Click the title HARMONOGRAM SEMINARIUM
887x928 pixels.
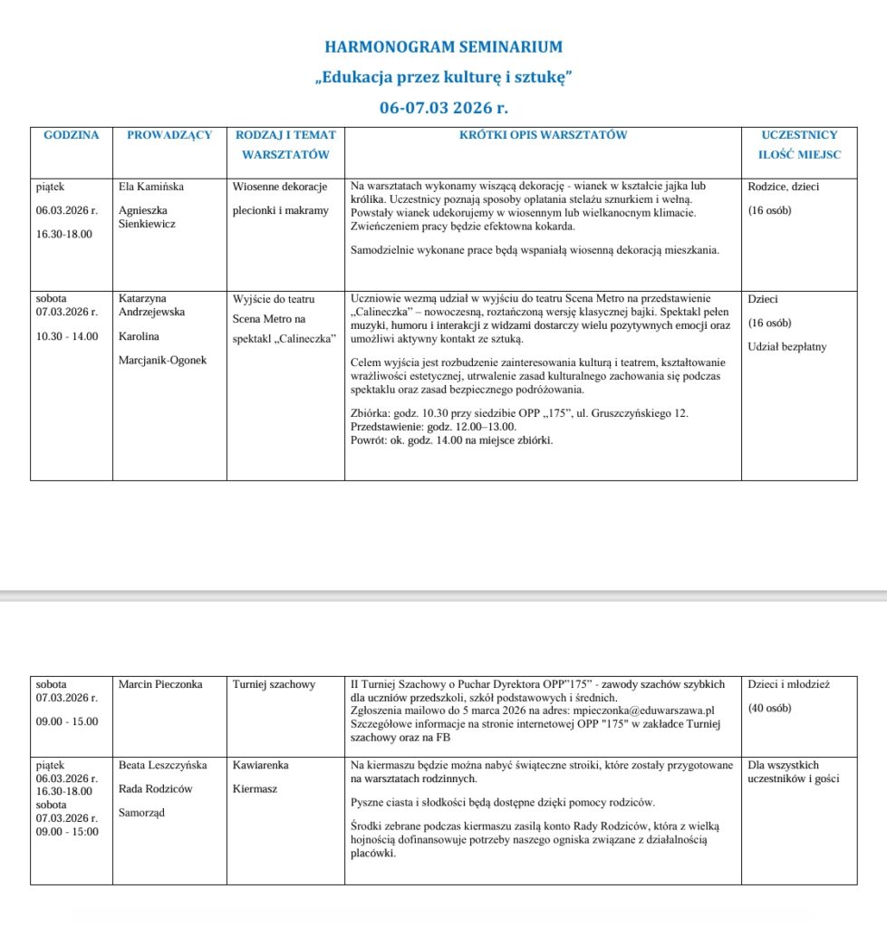[x=443, y=47]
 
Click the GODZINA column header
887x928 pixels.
[x=72, y=135]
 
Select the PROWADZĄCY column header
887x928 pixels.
[x=169, y=135]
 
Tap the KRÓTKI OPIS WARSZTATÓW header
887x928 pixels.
[x=543, y=135]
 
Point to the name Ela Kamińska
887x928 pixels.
[x=151, y=187]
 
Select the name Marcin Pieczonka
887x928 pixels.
[x=160, y=684]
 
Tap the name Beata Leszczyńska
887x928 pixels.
[x=163, y=765]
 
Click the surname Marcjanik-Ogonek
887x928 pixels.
[x=163, y=360]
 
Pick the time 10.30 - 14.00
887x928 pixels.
[x=68, y=336]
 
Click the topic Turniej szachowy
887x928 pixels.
[x=274, y=684]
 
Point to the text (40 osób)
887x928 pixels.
[x=770, y=708]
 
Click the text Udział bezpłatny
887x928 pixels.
[x=787, y=346]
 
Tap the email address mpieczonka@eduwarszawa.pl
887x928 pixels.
[x=651, y=710]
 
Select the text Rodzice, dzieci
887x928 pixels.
[x=784, y=187]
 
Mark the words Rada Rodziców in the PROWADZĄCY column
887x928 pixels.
[x=156, y=788]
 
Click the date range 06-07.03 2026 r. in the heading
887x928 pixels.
[x=443, y=107]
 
